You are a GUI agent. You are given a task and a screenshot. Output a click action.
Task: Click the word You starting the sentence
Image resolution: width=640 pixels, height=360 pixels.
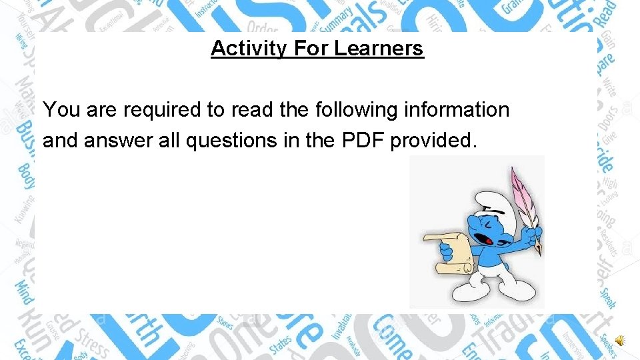tap(61, 110)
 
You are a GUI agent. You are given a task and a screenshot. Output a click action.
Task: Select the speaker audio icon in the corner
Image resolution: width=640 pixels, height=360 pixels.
tap(619, 341)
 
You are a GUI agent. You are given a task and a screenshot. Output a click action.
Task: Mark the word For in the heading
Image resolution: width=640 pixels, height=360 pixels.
tap(311, 49)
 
